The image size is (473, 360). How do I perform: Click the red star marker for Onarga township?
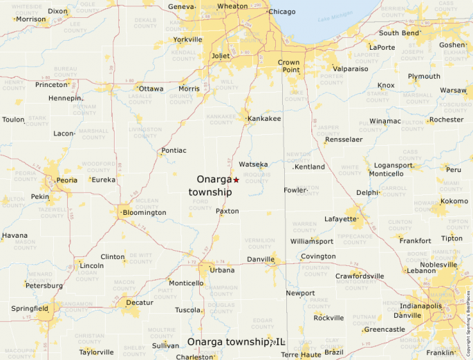click(x=236, y=180)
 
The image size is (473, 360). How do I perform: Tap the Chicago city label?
click(x=281, y=12)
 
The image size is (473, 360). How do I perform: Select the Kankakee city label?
click(x=264, y=119)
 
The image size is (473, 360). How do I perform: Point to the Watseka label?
click(x=253, y=164)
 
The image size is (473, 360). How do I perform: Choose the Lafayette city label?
click(x=341, y=219)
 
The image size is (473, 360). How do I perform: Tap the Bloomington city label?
click(x=144, y=213)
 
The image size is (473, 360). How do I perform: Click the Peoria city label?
click(x=66, y=180)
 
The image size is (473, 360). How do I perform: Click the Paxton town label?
click(x=227, y=211)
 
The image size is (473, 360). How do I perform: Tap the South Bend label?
click(x=399, y=32)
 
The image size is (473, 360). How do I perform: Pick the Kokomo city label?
click(x=454, y=201)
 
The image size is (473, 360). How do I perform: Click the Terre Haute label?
click(x=299, y=354)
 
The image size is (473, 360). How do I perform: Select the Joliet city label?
click(x=220, y=55)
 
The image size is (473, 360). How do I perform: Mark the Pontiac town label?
click(x=174, y=150)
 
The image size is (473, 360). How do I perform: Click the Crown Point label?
click(x=289, y=66)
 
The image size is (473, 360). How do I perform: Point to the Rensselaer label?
click(x=344, y=139)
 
